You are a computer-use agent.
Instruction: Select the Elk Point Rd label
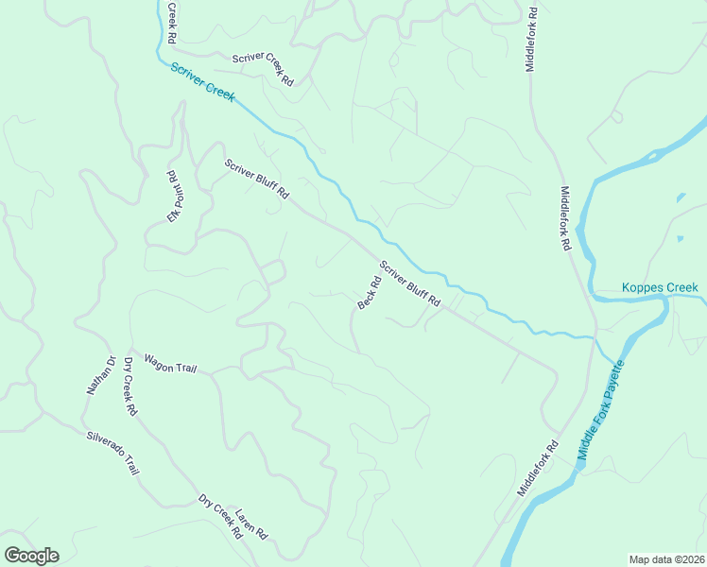click(173, 197)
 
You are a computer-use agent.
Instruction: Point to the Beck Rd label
click(369, 292)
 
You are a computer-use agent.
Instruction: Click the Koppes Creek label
click(659, 287)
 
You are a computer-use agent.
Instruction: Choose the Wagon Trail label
click(169, 363)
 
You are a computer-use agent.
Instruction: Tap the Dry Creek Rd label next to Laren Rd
click(220, 515)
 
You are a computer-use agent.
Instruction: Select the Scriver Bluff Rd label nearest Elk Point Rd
click(256, 179)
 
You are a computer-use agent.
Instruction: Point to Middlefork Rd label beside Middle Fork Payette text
click(538, 468)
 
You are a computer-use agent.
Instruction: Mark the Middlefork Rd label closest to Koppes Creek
click(565, 217)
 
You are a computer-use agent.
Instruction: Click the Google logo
click(31, 556)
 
